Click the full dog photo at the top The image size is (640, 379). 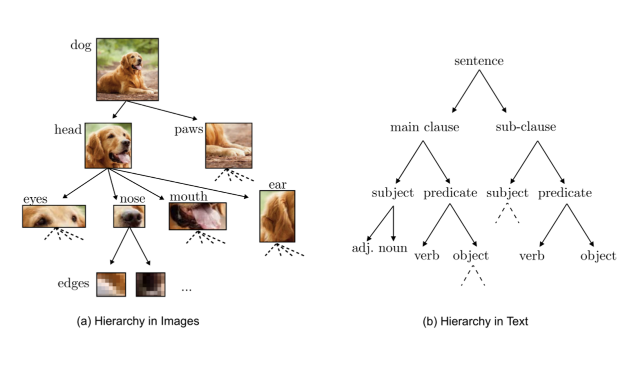(x=127, y=69)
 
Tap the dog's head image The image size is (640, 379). (x=108, y=145)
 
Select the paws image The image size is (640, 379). (x=228, y=145)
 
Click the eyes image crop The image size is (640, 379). (x=54, y=216)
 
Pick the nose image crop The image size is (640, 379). (x=129, y=216)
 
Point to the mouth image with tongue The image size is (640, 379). (x=197, y=216)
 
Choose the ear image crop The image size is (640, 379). (x=277, y=216)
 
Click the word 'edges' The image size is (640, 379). (x=73, y=283)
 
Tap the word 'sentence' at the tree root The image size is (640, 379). (x=478, y=61)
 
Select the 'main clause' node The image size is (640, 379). (x=424, y=127)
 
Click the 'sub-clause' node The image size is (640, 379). (x=525, y=127)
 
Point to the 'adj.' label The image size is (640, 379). (x=363, y=248)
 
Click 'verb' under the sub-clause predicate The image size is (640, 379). (x=531, y=256)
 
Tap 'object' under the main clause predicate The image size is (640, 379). (x=470, y=256)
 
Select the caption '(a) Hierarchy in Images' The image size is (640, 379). (x=137, y=321)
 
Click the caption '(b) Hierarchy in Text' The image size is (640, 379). (x=475, y=321)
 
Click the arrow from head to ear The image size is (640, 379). (x=180, y=183)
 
